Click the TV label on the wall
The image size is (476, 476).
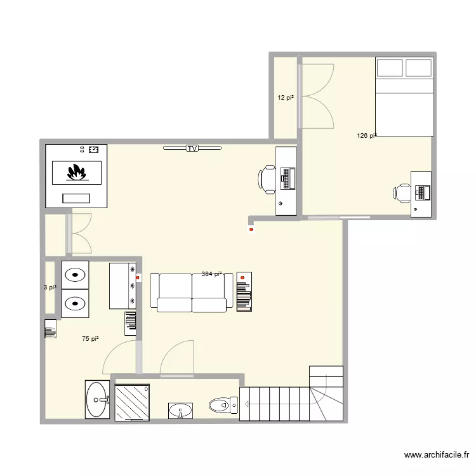pyautogui.click(x=192, y=149)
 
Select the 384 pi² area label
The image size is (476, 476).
pyautogui.click(x=211, y=274)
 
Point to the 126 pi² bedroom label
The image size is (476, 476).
pyautogui.click(x=366, y=135)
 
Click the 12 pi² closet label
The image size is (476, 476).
pyautogui.click(x=285, y=98)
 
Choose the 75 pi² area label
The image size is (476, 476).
pyautogui.click(x=91, y=340)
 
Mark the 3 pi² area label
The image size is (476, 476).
pyautogui.click(x=50, y=288)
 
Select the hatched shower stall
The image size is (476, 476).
pyautogui.click(x=131, y=401)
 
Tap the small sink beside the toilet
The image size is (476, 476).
pyautogui.click(x=182, y=411)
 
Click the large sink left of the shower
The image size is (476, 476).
pyautogui.click(x=97, y=400)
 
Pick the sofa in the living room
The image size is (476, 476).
pyautogui.click(x=191, y=293)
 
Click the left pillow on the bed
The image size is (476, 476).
pyautogui.click(x=390, y=67)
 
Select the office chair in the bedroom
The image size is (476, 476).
pyautogui.click(x=402, y=192)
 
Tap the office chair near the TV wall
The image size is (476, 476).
pyautogui.click(x=267, y=178)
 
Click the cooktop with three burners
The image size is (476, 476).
pyautogui.click(x=124, y=286)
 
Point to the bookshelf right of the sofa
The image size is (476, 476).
pyautogui.click(x=244, y=292)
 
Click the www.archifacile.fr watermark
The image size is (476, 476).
pyautogui.click(x=435, y=455)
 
